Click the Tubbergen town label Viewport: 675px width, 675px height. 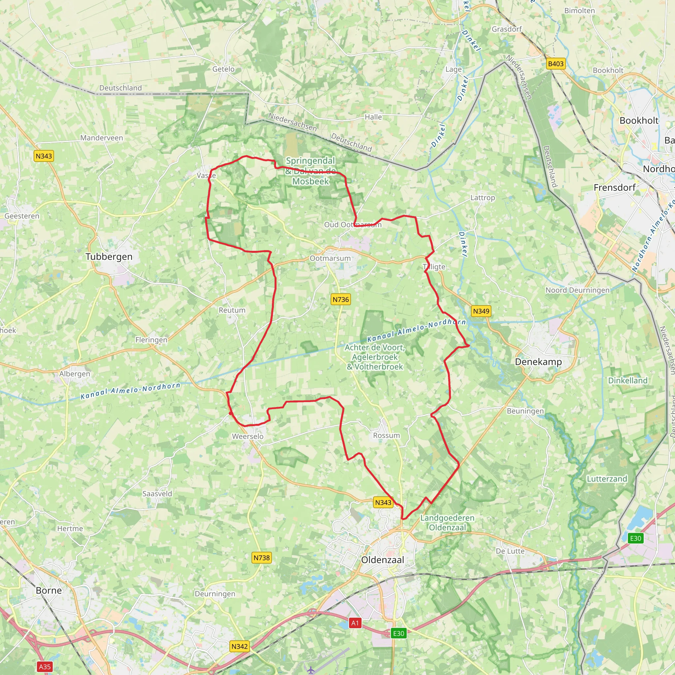tap(109, 256)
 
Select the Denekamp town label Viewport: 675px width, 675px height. tap(539, 362)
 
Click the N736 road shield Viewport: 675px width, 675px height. tap(341, 299)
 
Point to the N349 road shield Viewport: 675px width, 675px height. tap(481, 311)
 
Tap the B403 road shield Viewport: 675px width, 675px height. tap(555, 64)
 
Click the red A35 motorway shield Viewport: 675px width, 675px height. tap(45, 667)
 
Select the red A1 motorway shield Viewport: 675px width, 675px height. tap(355, 623)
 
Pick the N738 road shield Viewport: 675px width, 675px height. tap(262, 558)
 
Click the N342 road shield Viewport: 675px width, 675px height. tap(240, 646)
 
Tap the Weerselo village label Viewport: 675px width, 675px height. tap(248, 436)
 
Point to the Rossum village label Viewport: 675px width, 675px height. tap(386, 435)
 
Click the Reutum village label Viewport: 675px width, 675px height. tap(232, 310)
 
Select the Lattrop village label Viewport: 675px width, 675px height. tap(483, 198)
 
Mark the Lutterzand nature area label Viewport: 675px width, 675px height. tap(607, 479)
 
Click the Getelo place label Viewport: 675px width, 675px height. tap(223, 69)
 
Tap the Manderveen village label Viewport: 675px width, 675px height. tap(102, 138)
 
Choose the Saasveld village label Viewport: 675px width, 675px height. tap(157, 494)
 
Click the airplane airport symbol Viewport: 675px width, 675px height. tap(310, 670)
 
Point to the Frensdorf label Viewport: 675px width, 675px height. tap(615, 187)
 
